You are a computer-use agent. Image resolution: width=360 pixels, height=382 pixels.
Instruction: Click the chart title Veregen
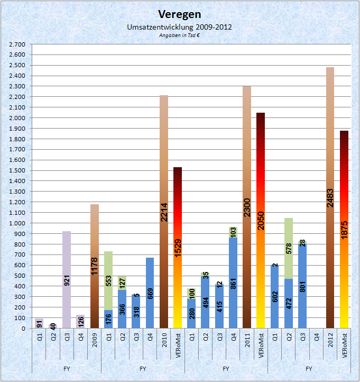pyautogui.click(x=180, y=14)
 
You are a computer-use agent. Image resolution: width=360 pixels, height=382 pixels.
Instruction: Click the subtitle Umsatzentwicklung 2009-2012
pyautogui.click(x=180, y=26)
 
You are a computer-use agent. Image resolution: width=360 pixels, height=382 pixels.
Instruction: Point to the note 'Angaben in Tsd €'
pyautogui.click(x=180, y=35)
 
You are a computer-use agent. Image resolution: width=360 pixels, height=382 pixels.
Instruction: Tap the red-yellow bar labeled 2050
pyautogui.click(x=261, y=220)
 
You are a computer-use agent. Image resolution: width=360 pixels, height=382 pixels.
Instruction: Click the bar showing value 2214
pyautogui.click(x=163, y=212)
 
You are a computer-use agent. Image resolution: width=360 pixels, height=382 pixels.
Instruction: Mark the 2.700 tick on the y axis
pyautogui.click(x=17, y=44)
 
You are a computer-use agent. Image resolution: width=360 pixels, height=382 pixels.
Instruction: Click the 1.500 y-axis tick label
pyautogui.click(x=17, y=170)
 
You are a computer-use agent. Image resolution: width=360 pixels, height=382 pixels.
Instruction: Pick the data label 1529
pyautogui.click(x=178, y=248)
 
